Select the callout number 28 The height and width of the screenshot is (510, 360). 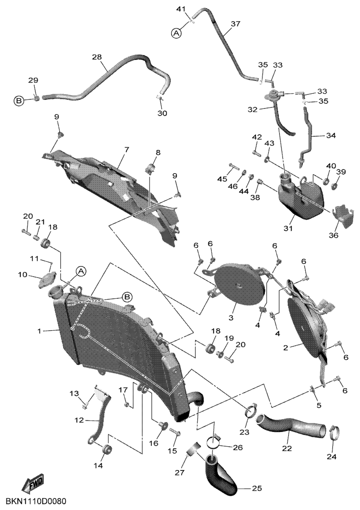coord(97,57)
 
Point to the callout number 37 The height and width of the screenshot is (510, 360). coord(235,24)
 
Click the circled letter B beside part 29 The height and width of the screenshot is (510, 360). coord(19,101)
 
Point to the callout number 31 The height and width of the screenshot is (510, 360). coord(288,228)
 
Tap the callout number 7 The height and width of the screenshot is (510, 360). coord(126,150)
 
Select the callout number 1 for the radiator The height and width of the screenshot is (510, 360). coord(39,331)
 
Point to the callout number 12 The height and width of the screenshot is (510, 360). coord(79,420)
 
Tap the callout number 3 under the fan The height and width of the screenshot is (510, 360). coord(240,317)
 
